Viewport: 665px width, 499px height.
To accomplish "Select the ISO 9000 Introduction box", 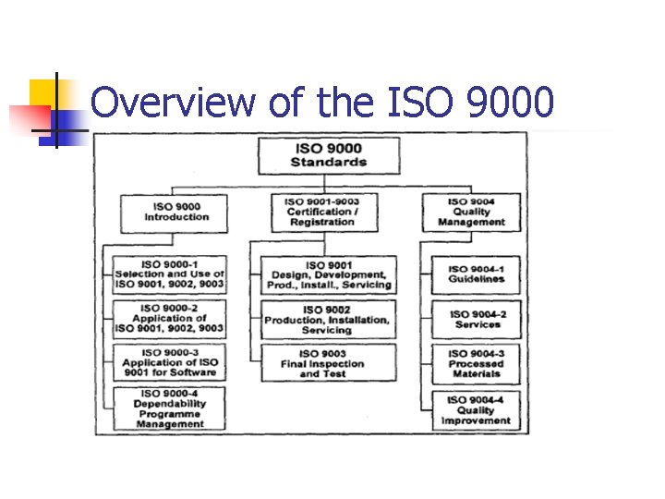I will tap(175, 212).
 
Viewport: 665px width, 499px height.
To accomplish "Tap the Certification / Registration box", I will tap(321, 212).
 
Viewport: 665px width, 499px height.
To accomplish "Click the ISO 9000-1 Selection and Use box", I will tap(169, 274).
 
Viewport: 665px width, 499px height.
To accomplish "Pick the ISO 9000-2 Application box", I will tap(169, 318).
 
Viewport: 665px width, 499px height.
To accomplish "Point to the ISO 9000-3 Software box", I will tap(169, 362).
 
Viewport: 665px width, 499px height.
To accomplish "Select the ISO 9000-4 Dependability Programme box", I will tap(169, 408).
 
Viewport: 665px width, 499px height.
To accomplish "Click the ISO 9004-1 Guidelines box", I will tap(477, 274).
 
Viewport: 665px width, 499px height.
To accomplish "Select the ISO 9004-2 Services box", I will tap(477, 319).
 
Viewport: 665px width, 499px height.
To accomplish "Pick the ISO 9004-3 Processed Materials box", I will tap(477, 363).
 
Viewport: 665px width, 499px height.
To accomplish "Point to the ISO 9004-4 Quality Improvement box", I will tap(477, 409).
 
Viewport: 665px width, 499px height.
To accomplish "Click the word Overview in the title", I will tap(173, 103).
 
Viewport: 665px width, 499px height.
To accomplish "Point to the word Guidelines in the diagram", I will tap(477, 279).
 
